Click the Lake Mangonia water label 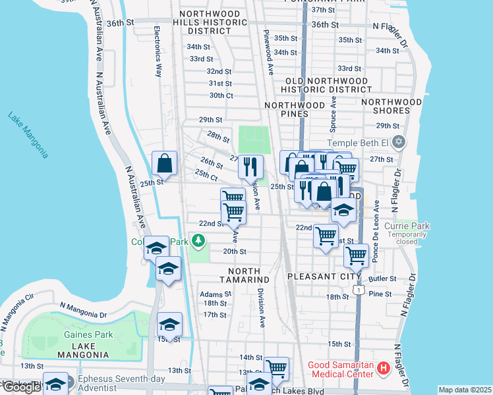tap(28, 135)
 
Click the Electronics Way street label tap(158, 52)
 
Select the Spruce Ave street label tap(333, 111)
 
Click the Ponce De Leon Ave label tap(375, 231)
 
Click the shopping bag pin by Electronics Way tap(164, 164)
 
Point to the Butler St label tap(382, 279)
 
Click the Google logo tap(21, 388)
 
